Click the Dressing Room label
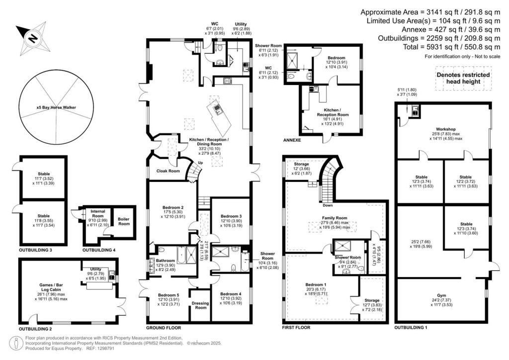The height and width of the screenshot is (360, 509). click(200, 305)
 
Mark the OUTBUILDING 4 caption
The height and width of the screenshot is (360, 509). click(98, 249)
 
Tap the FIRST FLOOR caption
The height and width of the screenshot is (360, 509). click(296, 328)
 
